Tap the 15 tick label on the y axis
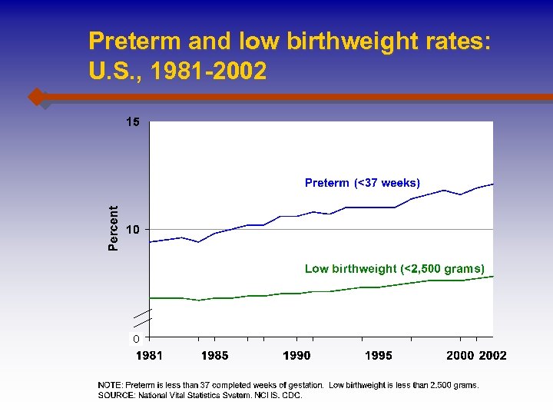coord(133,122)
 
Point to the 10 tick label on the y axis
coord(133,230)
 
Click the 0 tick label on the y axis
coord(136,338)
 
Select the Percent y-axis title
coord(114,227)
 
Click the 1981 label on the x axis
coord(149,355)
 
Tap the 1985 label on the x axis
coord(214,355)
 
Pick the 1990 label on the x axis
coord(296,355)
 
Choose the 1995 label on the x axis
coord(378,355)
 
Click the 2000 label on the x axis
coord(460,355)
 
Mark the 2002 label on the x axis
coord(492,355)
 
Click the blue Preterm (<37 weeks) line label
coord(363,183)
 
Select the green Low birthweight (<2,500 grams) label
coord(395,269)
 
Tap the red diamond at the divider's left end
coord(35,97)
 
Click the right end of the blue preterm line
coord(492,184)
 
